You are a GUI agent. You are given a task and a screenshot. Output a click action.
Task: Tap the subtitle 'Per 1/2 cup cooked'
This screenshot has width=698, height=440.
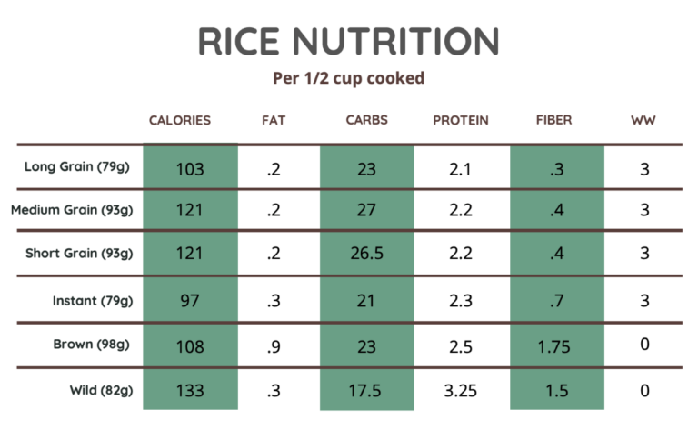tap(349, 78)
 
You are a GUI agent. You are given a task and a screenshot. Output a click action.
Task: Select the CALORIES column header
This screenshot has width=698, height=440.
tap(180, 120)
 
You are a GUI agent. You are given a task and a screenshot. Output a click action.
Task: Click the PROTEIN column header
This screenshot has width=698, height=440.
tap(460, 120)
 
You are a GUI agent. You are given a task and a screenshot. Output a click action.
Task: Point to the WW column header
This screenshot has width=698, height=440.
tap(643, 120)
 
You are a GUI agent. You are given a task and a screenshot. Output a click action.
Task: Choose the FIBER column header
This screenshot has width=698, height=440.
tap(554, 120)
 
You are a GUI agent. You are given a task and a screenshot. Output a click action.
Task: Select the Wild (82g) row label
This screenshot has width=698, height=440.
tap(101, 391)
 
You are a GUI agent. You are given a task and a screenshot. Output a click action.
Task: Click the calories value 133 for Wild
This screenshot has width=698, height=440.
tap(190, 392)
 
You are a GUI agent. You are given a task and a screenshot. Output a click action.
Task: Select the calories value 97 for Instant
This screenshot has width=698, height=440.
tap(190, 301)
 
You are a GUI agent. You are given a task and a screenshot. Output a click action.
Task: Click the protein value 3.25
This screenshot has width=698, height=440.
tap(461, 392)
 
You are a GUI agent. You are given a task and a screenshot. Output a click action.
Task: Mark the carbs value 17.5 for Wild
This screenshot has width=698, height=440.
tap(367, 392)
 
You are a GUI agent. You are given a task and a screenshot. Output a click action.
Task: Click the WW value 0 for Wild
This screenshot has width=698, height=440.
tap(643, 392)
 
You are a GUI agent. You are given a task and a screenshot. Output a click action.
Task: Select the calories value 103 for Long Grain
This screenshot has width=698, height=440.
tap(190, 168)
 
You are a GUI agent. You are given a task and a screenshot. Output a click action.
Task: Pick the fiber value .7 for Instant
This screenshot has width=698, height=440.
tap(556, 301)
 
